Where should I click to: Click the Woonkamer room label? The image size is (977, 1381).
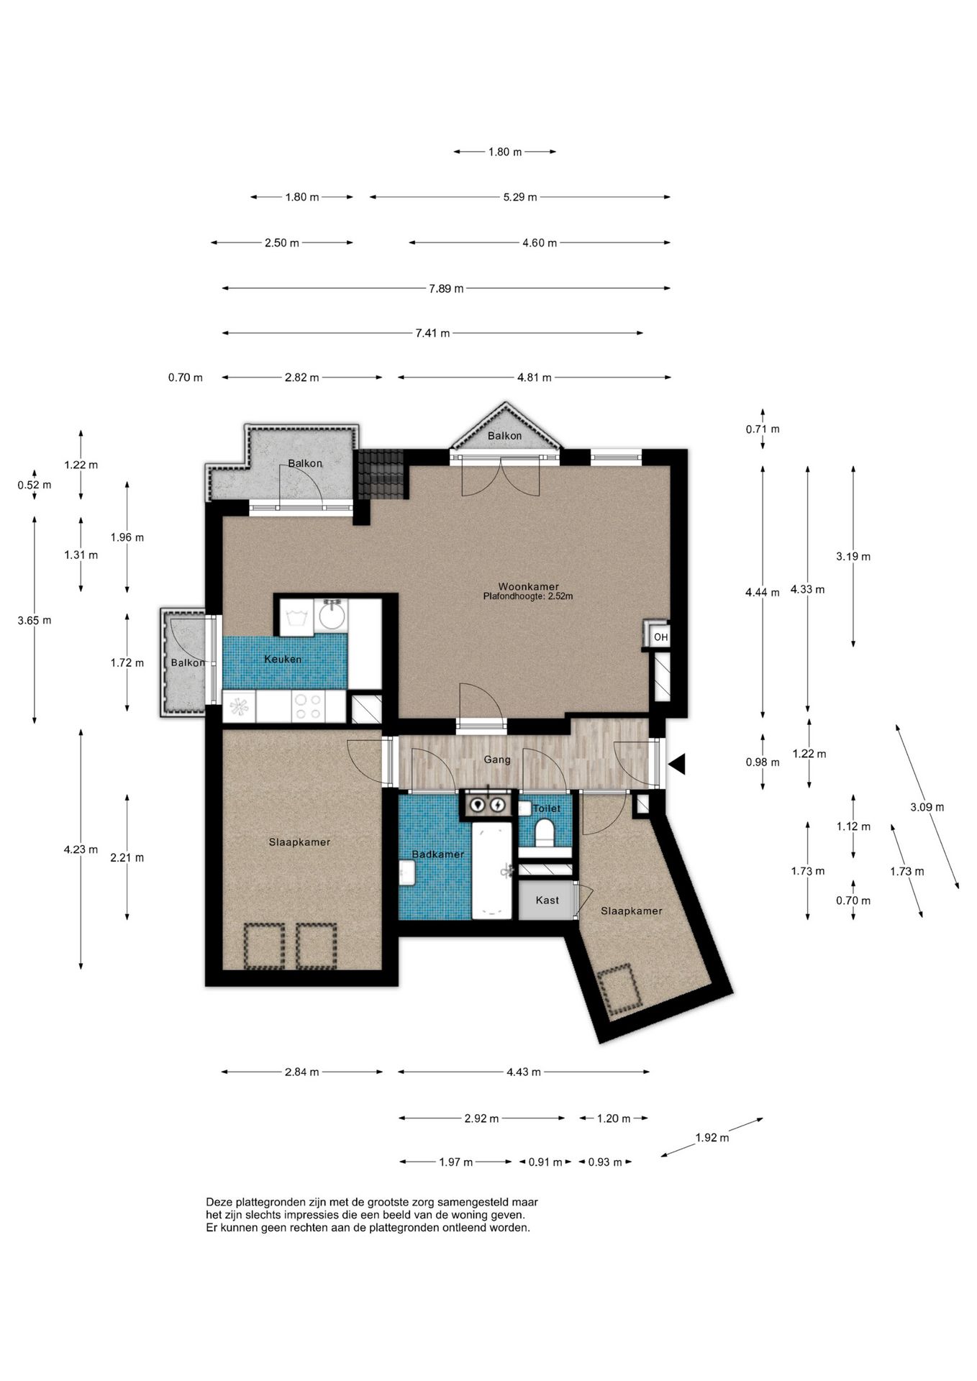[x=528, y=586]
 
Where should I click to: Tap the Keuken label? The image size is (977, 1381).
[x=283, y=660]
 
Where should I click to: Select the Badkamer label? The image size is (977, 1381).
[x=437, y=854]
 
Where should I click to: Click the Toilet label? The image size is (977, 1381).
[x=546, y=808]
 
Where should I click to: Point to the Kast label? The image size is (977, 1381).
[x=547, y=900]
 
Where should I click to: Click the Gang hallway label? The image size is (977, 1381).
[x=497, y=760]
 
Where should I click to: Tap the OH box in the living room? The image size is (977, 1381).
[x=660, y=637]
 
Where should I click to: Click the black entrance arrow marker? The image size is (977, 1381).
[x=676, y=764]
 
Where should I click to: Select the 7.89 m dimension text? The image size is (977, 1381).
[x=446, y=288]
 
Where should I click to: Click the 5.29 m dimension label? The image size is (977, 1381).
[x=519, y=197]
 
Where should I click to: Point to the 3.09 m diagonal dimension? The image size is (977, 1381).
[x=927, y=807]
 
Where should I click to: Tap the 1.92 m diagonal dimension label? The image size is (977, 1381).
[x=712, y=1138]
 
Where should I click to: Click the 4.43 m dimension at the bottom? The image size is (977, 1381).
[x=523, y=1072]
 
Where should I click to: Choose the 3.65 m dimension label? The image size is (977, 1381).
[x=35, y=620]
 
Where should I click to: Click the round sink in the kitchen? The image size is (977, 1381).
[x=332, y=616]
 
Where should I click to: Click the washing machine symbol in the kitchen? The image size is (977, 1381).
[x=296, y=617]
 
